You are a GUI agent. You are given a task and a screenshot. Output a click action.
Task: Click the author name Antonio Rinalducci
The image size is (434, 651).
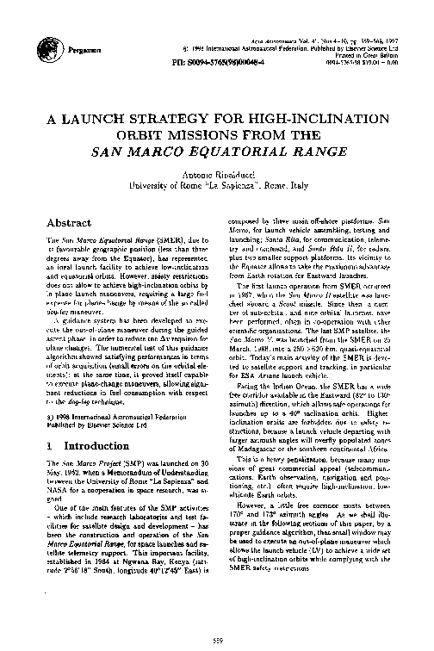(215, 174)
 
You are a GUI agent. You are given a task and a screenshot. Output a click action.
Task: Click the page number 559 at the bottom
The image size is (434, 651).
(217, 636)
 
